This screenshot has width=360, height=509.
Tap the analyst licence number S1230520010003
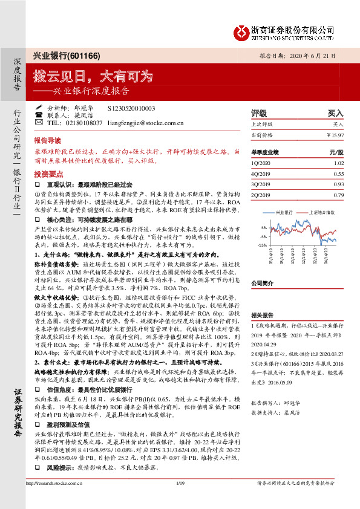(x=131, y=108)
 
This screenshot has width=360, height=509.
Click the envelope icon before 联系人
(x=39, y=115)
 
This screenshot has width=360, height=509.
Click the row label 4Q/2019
(x=261, y=173)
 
